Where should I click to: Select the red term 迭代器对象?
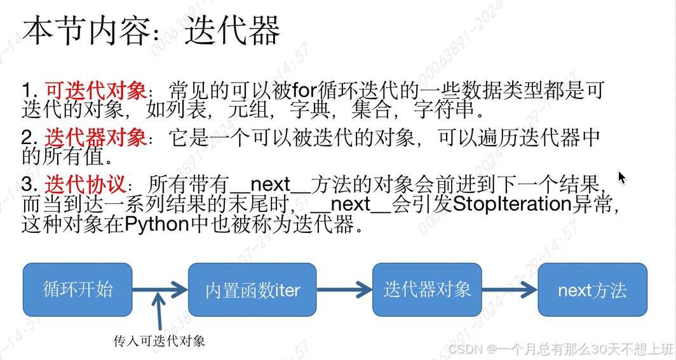tap(95, 137)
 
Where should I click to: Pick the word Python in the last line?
tap(159, 225)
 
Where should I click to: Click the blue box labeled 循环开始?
tap(78, 290)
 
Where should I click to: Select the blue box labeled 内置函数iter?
tap(252, 290)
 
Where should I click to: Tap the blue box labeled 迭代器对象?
tap(427, 290)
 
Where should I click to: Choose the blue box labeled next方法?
tap(592, 290)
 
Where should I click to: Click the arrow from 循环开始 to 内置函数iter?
tap(160, 290)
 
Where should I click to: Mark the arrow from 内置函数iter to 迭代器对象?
tap(344, 290)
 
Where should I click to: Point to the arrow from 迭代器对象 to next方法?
tap(510, 290)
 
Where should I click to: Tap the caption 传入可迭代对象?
tap(159, 341)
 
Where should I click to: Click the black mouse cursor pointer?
tap(622, 177)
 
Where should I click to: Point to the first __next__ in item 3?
tap(269, 185)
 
